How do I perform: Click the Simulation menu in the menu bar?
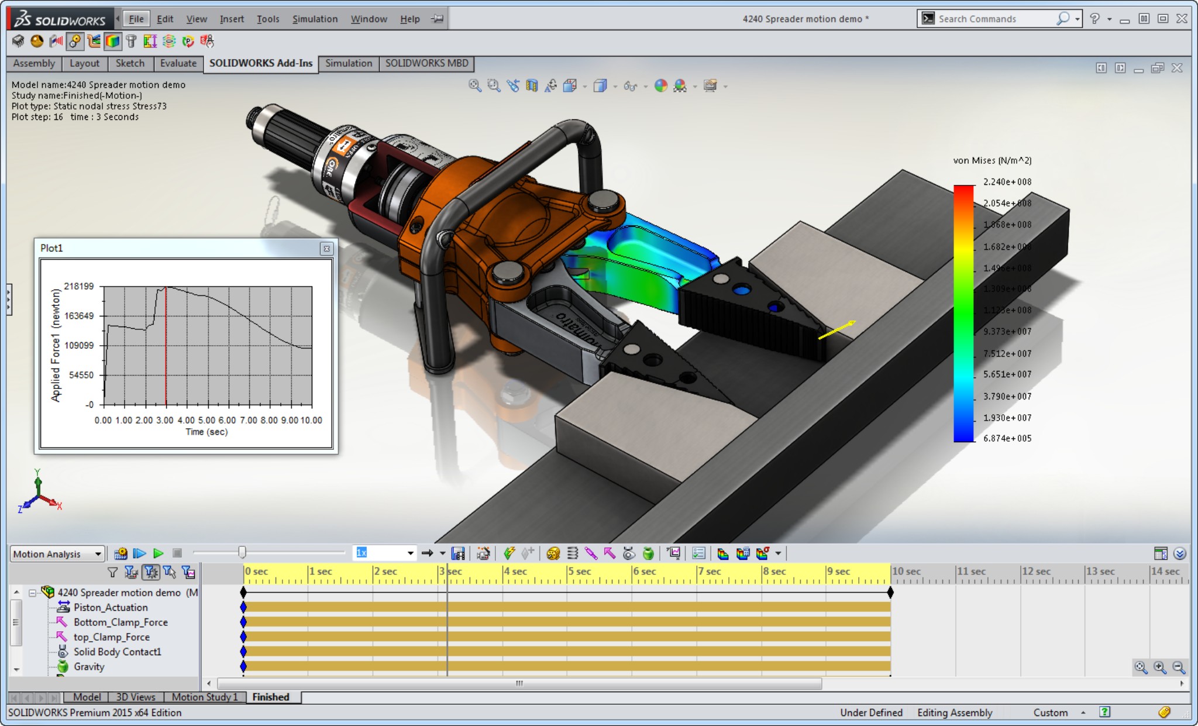coord(315,19)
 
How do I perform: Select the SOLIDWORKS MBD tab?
coord(426,63)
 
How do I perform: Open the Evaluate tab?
coord(178,63)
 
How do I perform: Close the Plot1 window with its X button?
coord(326,249)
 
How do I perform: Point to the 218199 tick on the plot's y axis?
coord(79,286)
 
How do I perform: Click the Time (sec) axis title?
coord(206,432)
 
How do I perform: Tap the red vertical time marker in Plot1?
coord(166,351)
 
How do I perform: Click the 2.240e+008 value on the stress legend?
coord(1007,182)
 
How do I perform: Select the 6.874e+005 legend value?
coord(1007,438)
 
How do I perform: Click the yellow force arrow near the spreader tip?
coord(837,330)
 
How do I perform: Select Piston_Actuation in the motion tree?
coord(111,607)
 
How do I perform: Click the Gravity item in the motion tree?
coord(89,666)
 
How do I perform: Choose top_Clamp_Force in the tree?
coord(111,637)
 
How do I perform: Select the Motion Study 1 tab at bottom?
coord(205,697)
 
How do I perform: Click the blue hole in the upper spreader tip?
coord(741,290)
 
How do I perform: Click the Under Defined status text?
coord(871,713)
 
